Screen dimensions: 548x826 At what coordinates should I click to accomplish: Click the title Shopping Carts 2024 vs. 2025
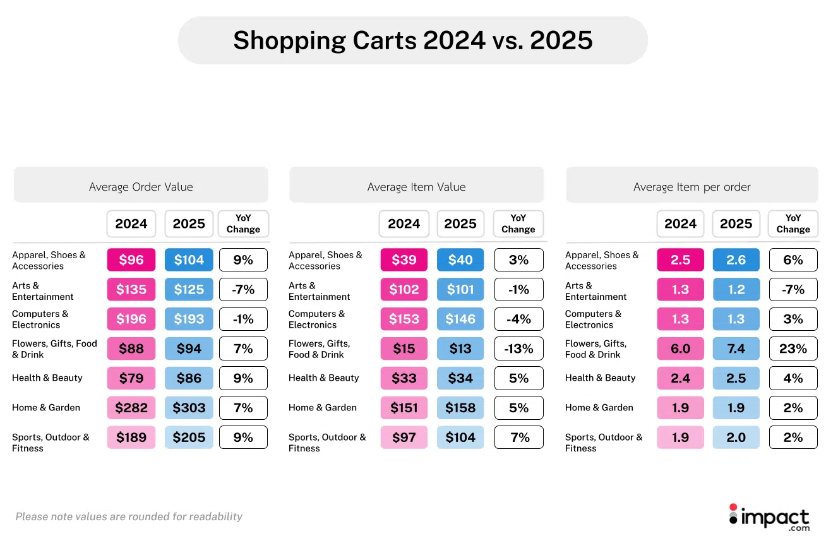[x=413, y=40]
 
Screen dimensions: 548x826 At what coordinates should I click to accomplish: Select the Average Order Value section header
[x=141, y=187]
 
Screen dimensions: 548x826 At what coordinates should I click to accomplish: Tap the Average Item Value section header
[x=416, y=187]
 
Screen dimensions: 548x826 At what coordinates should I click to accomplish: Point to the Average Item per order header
[x=691, y=187]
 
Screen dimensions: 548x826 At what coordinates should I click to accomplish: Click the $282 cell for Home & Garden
[x=131, y=408]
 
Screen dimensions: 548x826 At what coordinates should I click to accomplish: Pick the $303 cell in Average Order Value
[x=189, y=408]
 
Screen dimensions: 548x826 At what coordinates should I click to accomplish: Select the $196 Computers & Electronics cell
[x=131, y=319]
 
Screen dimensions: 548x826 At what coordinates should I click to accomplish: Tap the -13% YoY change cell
[x=518, y=348]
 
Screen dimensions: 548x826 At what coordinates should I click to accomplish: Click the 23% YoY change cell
[x=793, y=348]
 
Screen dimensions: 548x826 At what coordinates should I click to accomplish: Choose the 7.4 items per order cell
[x=736, y=348]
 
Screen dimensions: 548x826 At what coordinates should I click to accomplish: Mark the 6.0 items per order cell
[x=680, y=348]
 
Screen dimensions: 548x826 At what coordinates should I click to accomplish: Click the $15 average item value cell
[x=404, y=348]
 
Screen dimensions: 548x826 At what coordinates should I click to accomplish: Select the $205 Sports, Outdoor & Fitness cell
[x=189, y=438]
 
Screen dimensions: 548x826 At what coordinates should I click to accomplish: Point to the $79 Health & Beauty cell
[x=131, y=378]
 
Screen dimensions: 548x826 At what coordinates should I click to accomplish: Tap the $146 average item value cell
[x=460, y=319]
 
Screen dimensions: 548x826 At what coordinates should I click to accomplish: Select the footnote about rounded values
[x=129, y=516]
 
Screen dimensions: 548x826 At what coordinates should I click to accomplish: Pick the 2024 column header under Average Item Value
[x=404, y=223]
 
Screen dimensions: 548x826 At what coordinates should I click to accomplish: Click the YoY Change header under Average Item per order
[x=793, y=223]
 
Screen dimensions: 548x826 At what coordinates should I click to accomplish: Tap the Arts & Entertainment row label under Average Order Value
[x=43, y=291]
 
